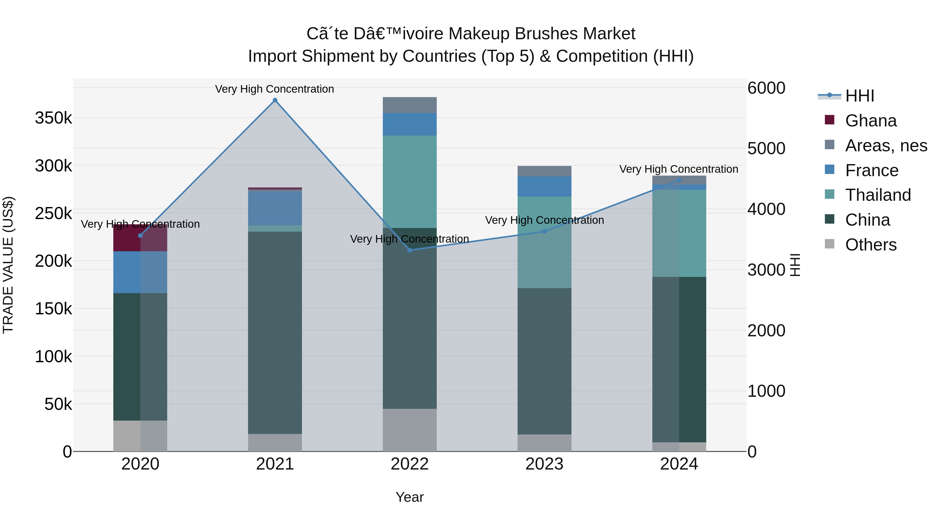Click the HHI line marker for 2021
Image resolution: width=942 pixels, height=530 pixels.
275,100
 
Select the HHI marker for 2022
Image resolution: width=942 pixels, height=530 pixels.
410,250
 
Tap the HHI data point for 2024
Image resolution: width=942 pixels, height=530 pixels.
679,180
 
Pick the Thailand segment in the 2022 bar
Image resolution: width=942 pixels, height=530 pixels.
410,182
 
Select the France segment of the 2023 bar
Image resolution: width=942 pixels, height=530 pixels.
544,187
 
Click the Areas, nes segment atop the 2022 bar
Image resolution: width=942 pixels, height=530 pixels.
410,105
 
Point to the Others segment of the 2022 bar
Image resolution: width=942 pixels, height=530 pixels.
410,430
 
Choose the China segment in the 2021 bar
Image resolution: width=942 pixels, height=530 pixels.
275,333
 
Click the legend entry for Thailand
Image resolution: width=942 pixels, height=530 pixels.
878,195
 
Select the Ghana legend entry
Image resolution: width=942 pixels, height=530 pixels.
871,121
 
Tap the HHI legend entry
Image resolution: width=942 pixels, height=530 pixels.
859,96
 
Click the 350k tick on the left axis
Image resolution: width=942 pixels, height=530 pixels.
53,118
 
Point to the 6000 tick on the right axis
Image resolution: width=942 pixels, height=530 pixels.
766,88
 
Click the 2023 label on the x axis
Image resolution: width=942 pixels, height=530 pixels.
544,464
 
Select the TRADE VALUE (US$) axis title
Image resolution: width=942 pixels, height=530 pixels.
8,265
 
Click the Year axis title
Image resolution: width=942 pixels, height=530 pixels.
410,497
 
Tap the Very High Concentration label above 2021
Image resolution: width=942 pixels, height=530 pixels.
274,89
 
